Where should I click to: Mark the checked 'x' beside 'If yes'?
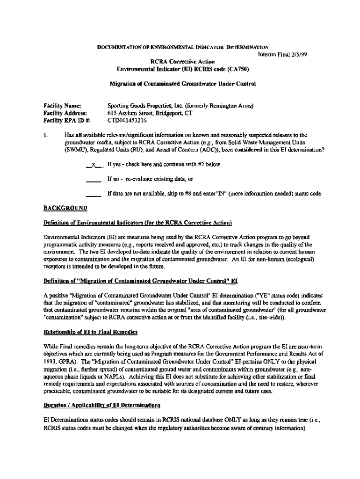coord(94,165)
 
